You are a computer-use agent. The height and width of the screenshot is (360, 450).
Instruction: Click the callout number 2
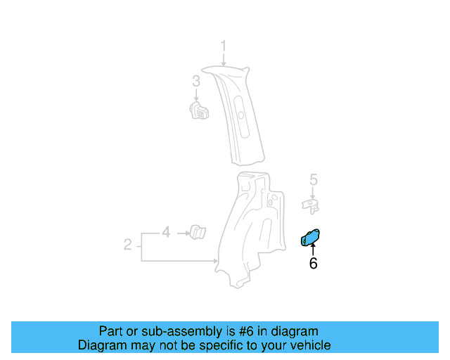[x=127, y=245]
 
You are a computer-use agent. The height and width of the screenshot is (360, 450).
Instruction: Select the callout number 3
[x=196, y=82]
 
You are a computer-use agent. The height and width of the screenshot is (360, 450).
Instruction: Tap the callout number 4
[x=166, y=231]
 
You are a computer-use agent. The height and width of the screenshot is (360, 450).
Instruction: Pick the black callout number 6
[x=313, y=264]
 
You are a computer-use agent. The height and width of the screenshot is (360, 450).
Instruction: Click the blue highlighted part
[x=310, y=238]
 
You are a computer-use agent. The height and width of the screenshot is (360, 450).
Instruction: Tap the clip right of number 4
[x=197, y=231]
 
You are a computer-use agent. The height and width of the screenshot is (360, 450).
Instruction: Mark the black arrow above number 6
[x=313, y=250]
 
